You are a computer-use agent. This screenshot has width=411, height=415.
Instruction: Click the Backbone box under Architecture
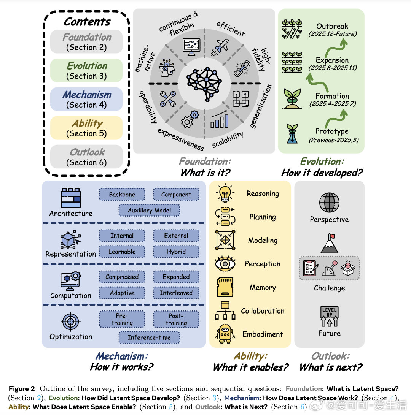point(122,194)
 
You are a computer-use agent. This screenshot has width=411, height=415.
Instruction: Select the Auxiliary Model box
point(149,210)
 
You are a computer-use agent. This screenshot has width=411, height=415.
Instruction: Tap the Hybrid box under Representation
point(176,252)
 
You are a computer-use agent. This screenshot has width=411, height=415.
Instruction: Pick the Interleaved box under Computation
point(176,293)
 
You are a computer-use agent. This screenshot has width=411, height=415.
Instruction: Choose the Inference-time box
point(149,337)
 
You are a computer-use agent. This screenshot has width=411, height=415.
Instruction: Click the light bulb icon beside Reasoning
point(225,193)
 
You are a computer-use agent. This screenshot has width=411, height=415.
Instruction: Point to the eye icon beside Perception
point(225,264)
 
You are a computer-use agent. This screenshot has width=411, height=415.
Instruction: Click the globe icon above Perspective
point(329,203)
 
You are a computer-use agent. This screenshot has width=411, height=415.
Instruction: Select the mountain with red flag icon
point(329,243)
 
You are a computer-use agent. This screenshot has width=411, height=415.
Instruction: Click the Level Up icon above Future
point(329,317)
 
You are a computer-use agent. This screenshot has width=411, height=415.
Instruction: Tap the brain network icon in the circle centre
point(204,83)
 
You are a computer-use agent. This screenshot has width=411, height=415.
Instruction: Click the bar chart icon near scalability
point(220,119)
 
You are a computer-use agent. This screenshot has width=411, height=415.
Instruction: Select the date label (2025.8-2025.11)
point(332,68)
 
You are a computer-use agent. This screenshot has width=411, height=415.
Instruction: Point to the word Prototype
point(332,131)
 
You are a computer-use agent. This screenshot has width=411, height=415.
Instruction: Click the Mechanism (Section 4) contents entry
point(86,99)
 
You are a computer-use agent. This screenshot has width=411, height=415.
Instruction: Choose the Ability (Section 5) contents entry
point(86,128)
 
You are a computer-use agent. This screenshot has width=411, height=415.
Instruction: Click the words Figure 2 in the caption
point(22,389)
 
